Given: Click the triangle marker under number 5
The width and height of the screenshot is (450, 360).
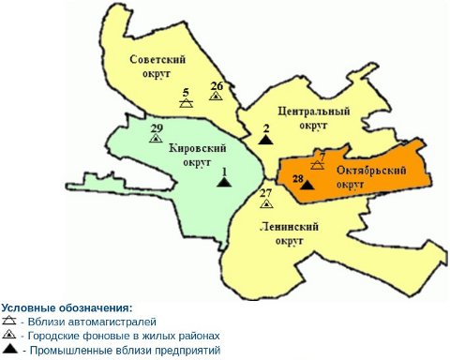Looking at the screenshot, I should (187, 103).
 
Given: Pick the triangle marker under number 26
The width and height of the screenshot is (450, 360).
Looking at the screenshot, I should (217, 96).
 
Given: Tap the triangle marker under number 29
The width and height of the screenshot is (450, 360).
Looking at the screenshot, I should (156, 138).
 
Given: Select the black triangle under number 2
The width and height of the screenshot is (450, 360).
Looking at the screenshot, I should (266, 139).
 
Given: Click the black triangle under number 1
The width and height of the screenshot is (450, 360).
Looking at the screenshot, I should (223, 181).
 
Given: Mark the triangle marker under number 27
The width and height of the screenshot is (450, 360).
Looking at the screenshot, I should (266, 202).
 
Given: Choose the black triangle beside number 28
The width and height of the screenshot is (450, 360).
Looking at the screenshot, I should (307, 184).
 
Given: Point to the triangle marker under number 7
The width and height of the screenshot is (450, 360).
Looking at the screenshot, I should (318, 164).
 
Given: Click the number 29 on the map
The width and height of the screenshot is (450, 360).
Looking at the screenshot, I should (156, 127).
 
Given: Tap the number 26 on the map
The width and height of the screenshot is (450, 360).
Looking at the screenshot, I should (217, 84).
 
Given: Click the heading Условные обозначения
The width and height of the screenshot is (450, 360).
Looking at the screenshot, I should (67, 307).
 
